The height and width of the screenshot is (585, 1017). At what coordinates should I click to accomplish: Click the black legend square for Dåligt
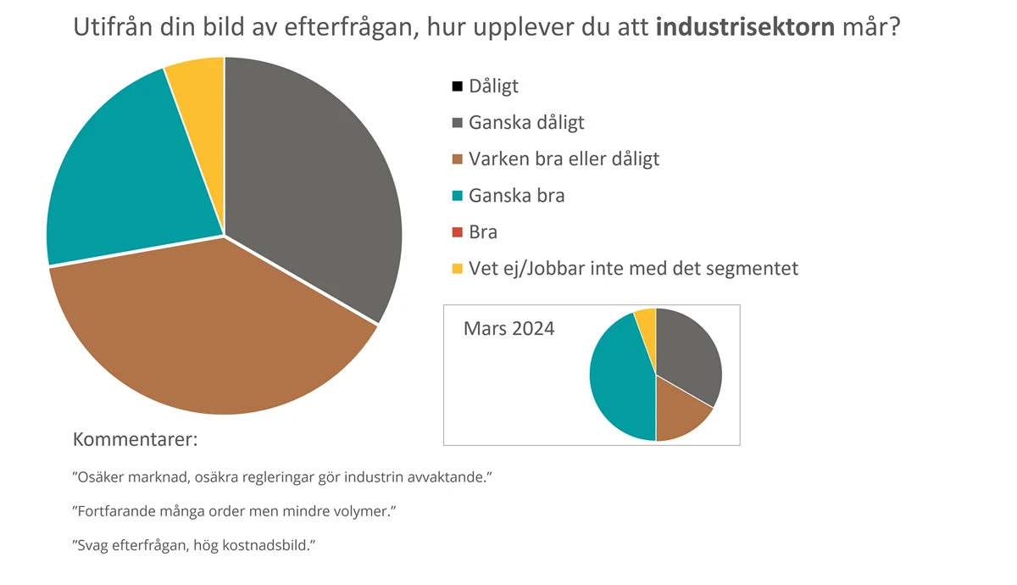pos(458,86)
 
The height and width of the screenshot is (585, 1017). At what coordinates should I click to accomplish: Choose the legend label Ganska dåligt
pos(526,123)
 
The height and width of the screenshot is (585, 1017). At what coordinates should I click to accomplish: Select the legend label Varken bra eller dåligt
pos(564,159)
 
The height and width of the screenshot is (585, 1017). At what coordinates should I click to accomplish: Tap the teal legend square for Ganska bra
pos(458,196)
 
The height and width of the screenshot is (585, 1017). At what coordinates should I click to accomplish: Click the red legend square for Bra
pos(458,232)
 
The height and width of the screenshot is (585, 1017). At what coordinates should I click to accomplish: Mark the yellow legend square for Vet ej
pos(458,269)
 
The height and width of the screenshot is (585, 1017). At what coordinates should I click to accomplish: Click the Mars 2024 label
pos(508,328)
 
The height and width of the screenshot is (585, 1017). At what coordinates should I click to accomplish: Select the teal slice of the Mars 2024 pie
pos(619,382)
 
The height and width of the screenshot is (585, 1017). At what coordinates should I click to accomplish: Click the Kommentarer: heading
pos(135,440)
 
